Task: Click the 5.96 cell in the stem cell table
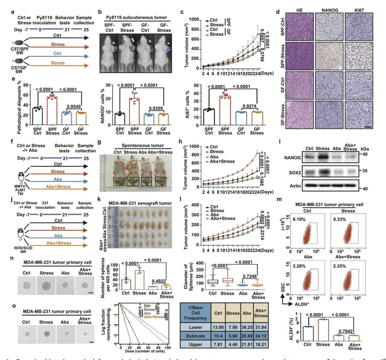233,336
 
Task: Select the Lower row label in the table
195,327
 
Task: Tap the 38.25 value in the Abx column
247,327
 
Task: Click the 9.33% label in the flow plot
339,219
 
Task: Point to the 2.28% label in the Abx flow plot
299,266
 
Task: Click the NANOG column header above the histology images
330,10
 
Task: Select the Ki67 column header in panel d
359,10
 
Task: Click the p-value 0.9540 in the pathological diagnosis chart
74,107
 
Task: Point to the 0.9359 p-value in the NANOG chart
156,109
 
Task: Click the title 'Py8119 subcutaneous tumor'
136,17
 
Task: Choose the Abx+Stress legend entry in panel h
222,161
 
